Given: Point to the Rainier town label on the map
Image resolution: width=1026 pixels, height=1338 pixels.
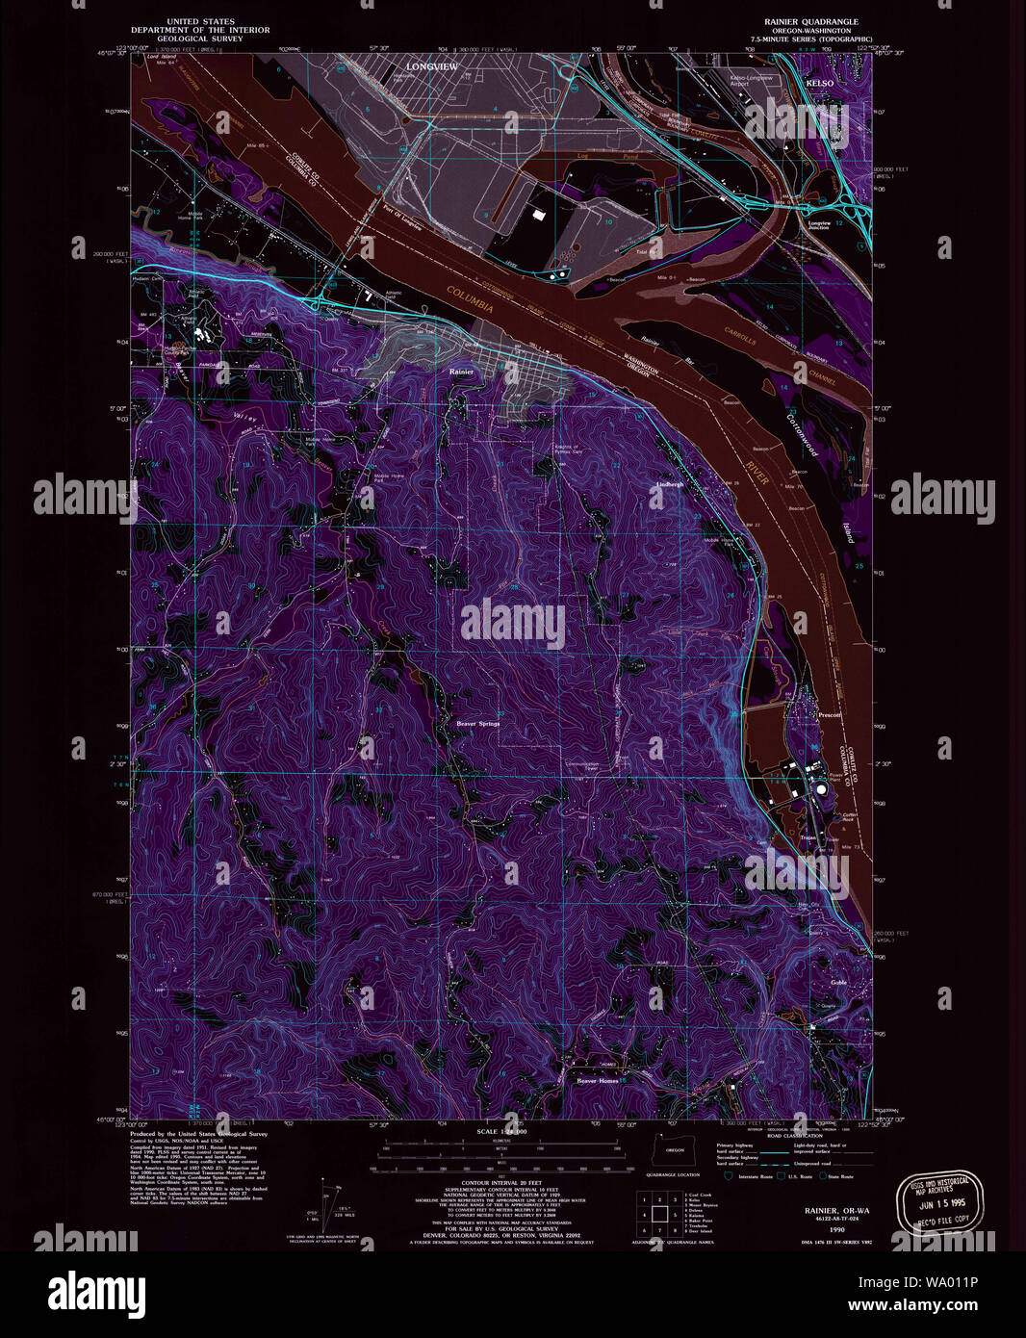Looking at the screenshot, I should tap(461, 371).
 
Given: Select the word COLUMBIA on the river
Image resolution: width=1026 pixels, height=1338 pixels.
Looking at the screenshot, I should tap(471, 302).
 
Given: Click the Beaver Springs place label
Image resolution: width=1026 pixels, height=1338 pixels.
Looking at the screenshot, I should tap(477, 723).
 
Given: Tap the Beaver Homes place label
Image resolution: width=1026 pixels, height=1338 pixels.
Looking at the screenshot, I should tap(598, 1081).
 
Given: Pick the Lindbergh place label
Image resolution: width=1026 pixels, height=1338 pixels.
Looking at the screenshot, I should tap(669, 484).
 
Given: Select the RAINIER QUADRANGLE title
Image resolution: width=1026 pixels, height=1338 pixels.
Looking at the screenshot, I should tap(811, 21).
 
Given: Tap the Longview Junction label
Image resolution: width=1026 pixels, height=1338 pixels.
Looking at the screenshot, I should tap(818, 225).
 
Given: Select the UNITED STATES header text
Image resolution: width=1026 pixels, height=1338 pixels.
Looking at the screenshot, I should tap(200, 21).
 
